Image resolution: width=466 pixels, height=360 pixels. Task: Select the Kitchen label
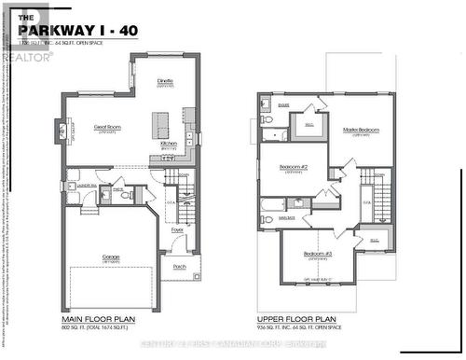[x=169, y=144]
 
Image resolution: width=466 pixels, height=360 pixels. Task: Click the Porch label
[x=179, y=264]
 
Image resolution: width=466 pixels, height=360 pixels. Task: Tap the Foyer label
[x=177, y=228]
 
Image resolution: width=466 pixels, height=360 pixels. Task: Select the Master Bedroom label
[x=361, y=130]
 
